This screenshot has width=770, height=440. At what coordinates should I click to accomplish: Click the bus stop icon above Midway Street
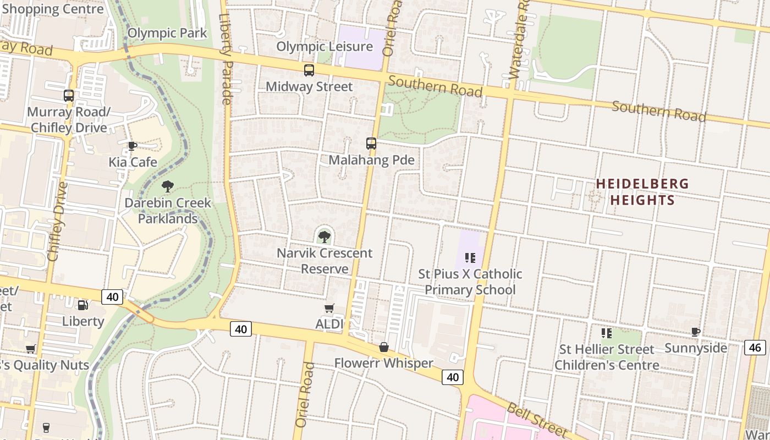coord(309,70)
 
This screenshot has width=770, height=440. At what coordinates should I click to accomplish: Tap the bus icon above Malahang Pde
coord(371,144)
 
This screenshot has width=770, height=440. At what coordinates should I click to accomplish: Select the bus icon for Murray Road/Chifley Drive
coord(69,96)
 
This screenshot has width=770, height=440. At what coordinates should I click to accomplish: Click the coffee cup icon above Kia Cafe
coord(133,146)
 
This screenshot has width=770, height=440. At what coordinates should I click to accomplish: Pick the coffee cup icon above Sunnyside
coord(696,332)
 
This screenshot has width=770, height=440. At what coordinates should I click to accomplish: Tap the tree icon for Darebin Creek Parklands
coord(168,186)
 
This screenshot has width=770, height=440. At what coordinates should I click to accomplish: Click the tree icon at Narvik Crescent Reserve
coord(324,237)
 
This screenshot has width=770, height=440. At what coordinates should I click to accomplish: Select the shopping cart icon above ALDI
coord(329,308)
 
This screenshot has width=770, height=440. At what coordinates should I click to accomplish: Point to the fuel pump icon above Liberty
coord(82,305)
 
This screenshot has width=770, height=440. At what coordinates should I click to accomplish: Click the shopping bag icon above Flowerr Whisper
coord(384,347)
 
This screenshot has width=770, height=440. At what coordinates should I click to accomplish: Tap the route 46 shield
coord(755,347)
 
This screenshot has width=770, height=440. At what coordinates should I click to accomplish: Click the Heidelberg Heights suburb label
coord(642,191)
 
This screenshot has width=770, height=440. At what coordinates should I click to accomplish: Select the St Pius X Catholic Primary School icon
coord(470,257)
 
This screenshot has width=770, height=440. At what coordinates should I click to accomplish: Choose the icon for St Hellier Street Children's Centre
coord(607,333)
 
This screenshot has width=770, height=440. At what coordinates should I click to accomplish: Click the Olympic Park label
coord(167,33)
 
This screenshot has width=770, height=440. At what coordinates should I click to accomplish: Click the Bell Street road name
coord(536,418)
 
